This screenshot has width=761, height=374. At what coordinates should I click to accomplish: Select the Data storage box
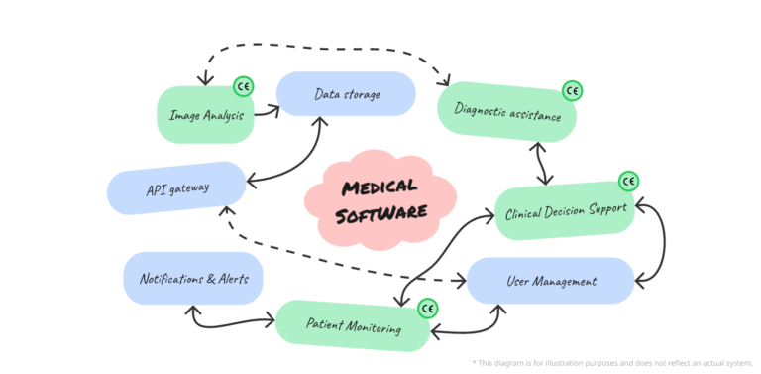tap(346, 94)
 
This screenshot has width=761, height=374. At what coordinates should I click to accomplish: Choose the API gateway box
tap(175, 187)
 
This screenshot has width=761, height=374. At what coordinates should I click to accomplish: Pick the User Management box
tap(550, 281)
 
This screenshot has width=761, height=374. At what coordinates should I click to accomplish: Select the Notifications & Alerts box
tap(192, 279)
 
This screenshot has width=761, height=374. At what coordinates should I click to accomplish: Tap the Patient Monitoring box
tap(354, 324)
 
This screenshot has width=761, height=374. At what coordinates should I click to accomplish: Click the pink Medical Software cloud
tap(379, 198)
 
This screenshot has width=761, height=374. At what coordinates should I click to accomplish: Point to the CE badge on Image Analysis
tap(243, 86)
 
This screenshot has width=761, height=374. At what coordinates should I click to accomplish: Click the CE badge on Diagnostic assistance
tap(572, 91)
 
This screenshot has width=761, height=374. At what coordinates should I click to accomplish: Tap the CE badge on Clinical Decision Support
tap(628, 182)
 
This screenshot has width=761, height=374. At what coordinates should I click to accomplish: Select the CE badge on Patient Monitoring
tap(427, 309)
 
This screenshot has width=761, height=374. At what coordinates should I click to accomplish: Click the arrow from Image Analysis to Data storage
tap(266, 112)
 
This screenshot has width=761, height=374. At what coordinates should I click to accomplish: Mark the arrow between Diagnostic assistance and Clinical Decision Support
tap(541, 163)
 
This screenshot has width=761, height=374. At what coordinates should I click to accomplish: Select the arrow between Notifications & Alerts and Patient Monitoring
tap(228, 321)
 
